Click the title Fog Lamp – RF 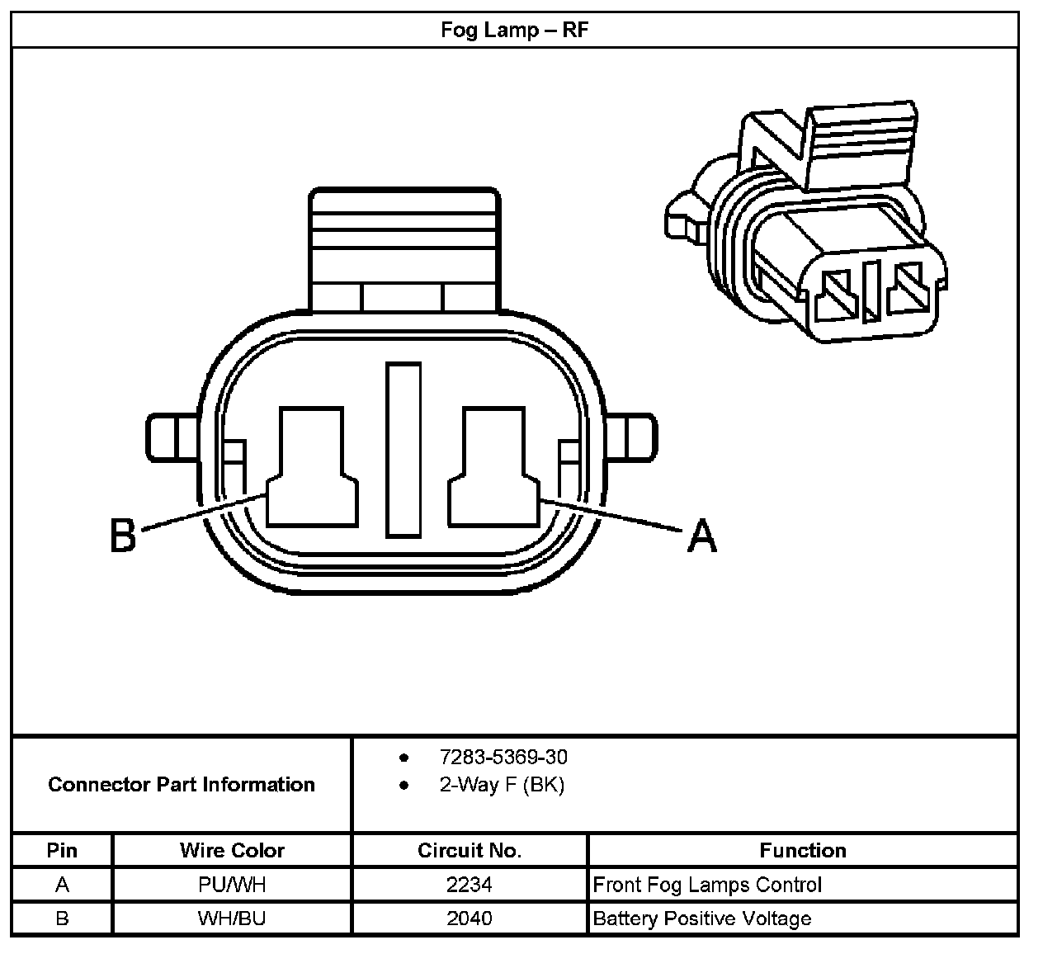click(514, 31)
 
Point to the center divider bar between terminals click(404, 450)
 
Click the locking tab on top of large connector click(404, 248)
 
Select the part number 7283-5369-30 click(503, 757)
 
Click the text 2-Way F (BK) click(502, 785)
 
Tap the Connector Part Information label click(182, 784)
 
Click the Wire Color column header click(232, 850)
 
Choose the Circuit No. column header click(470, 850)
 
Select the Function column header click(802, 850)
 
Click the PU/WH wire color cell click(232, 885)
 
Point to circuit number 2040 click(470, 919)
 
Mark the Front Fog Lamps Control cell click(707, 885)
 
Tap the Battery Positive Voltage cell click(702, 919)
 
